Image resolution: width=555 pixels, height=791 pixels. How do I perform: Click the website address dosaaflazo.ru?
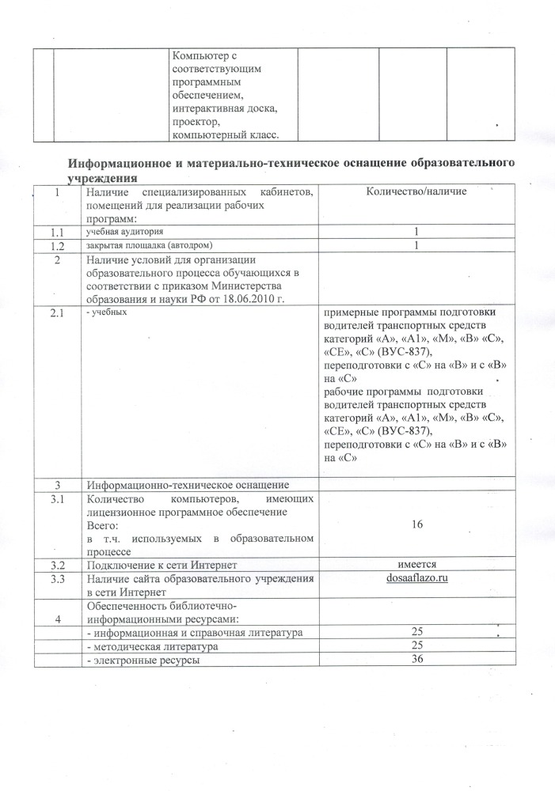413,579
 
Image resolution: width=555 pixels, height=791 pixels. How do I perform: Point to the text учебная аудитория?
124,232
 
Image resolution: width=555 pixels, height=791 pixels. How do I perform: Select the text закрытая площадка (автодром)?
150,245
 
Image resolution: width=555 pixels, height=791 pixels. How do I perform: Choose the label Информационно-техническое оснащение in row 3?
188,484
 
